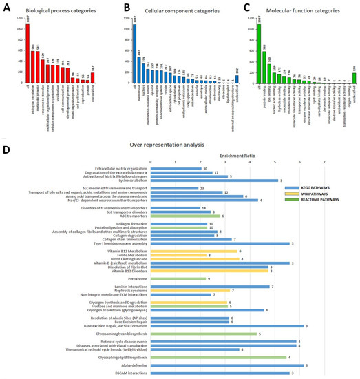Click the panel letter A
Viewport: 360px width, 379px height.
pyautogui.click(x=6, y=7)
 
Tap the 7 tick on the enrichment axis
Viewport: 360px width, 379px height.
pyautogui.click(x=324, y=163)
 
